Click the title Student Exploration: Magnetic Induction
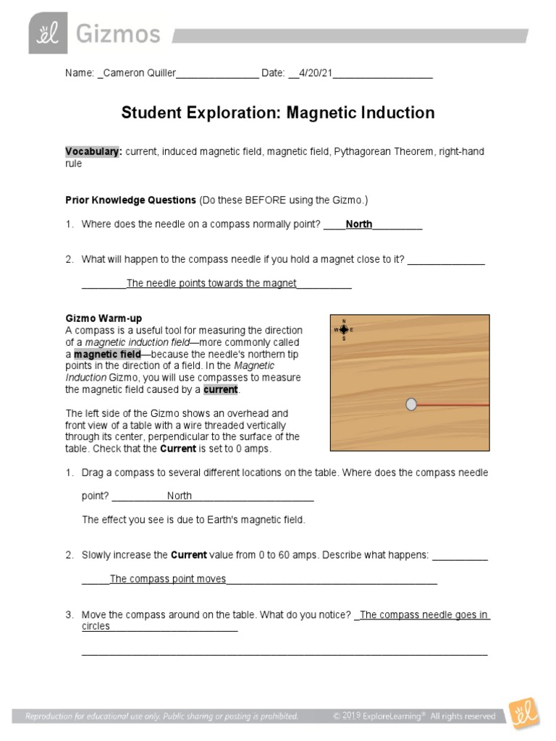coord(278,113)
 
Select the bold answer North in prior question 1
coord(358,224)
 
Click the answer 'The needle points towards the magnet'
coord(211,283)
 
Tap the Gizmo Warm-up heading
coord(104,318)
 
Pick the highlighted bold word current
coord(220,389)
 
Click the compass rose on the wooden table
coord(343,329)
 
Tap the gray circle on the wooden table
coord(411,405)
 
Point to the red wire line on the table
coord(453,405)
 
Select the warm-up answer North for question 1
coord(180,496)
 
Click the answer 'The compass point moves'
coord(168,579)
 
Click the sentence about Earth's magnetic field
coord(194,520)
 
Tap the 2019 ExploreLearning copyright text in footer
coord(414,716)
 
